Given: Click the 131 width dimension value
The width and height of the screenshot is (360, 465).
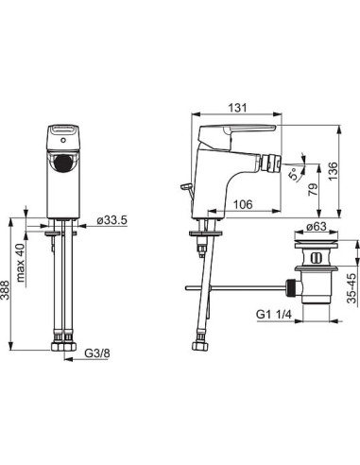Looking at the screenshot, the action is (x=238, y=108).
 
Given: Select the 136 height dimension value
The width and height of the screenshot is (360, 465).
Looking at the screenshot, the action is (x=333, y=171).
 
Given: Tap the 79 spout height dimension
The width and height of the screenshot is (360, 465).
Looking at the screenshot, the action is (x=313, y=190).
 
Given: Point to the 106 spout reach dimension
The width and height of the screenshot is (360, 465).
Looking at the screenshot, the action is (x=243, y=204).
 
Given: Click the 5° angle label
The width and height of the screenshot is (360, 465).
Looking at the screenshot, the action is (x=294, y=174).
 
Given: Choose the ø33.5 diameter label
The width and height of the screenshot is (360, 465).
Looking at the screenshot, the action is (x=112, y=220).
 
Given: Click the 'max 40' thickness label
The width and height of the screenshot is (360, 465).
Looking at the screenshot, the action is (x=21, y=263).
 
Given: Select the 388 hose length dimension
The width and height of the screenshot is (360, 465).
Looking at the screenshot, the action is (x=6, y=291).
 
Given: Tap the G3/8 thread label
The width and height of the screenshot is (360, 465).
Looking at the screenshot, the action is (x=97, y=353).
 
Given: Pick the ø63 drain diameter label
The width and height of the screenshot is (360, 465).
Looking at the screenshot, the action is (x=316, y=226).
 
